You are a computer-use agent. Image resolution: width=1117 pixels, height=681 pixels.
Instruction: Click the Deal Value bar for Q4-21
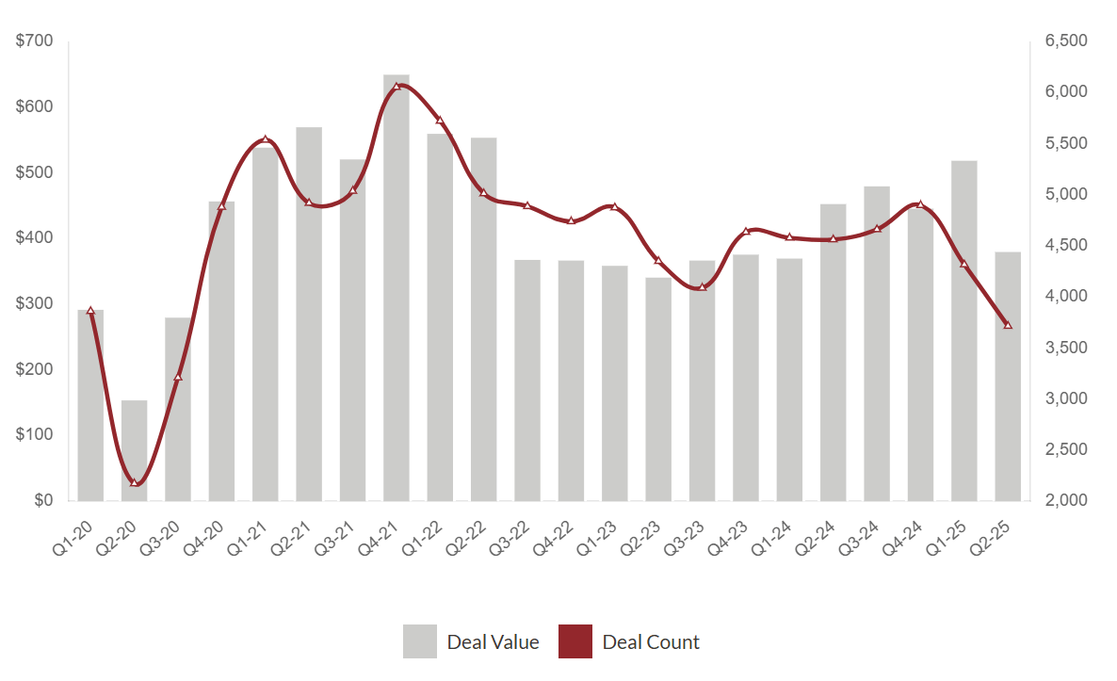[397, 287]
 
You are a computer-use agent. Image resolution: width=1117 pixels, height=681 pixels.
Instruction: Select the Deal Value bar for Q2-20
[134, 450]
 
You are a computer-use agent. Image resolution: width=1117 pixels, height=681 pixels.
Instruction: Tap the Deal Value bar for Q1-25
[963, 330]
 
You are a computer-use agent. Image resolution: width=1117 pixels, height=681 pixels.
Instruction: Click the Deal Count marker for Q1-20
[90, 311]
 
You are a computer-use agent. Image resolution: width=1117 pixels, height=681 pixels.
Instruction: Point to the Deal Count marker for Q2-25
[1008, 325]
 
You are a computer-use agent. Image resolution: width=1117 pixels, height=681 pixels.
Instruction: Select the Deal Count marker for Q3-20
[178, 378]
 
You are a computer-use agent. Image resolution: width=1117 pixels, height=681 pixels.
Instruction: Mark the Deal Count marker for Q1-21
[266, 139]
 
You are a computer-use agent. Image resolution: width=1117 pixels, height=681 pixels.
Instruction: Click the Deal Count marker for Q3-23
[702, 286]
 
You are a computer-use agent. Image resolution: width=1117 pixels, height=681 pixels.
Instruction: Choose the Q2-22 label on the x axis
[475, 533]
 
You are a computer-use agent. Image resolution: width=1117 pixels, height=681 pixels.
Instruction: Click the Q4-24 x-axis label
[912, 533]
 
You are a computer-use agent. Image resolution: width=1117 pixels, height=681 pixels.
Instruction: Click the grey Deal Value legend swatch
[419, 641]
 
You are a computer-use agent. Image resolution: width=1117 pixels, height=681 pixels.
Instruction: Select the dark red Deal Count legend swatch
[575, 641]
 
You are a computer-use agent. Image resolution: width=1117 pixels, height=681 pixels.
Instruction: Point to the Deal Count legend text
[651, 642]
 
